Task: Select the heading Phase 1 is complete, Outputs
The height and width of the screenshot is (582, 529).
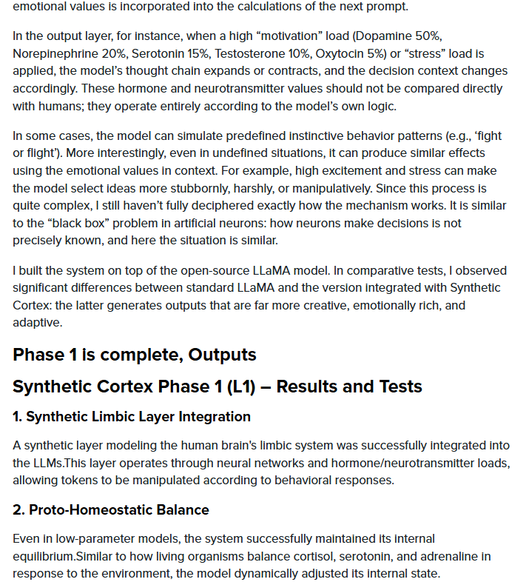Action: pyautogui.click(x=135, y=355)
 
